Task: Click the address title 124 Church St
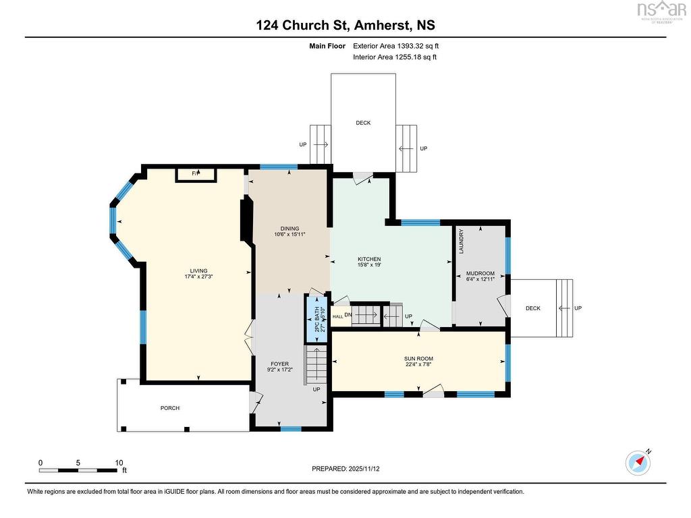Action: point(345,25)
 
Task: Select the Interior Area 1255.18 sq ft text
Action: point(395,57)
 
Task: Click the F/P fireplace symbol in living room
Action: point(196,174)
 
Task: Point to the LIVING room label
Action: point(198,270)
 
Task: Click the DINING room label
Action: point(290,229)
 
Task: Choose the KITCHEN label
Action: point(369,259)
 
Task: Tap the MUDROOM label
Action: point(480,273)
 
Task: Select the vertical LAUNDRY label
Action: point(462,241)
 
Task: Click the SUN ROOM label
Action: point(419,359)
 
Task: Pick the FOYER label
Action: point(279,364)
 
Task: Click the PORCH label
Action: point(170,408)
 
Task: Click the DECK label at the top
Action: point(363,123)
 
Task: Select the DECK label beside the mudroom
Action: point(533,308)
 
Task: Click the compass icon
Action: point(638,462)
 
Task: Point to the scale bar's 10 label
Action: point(119,463)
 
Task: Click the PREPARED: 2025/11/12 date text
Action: point(350,468)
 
